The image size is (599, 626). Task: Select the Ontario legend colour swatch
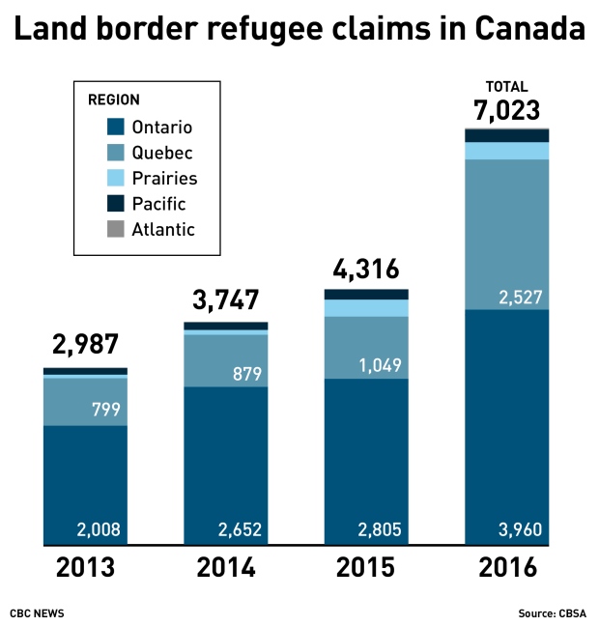(x=116, y=128)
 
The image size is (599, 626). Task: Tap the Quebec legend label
(x=161, y=153)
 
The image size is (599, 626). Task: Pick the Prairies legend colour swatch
(x=116, y=179)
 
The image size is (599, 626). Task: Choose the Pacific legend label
(x=158, y=204)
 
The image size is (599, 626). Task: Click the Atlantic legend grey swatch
(x=116, y=229)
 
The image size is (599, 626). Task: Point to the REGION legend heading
(x=114, y=100)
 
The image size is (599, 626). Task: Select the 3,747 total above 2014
(x=225, y=299)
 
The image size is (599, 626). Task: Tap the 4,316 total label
(x=365, y=268)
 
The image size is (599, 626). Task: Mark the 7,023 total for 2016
(x=506, y=109)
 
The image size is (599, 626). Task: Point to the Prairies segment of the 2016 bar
(x=506, y=151)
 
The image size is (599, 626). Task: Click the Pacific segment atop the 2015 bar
(x=365, y=294)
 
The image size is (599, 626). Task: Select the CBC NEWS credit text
(x=39, y=613)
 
